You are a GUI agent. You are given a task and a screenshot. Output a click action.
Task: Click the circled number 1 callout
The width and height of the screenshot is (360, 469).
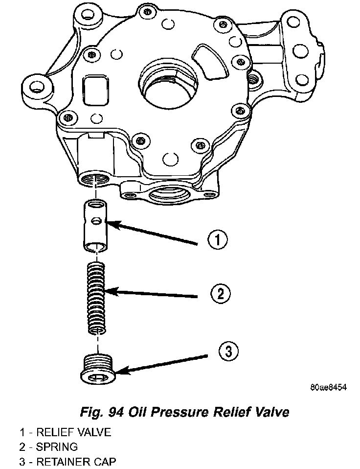(x=218, y=240)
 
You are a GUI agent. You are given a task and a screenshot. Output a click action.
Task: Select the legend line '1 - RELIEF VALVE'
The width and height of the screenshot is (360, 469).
(x=66, y=432)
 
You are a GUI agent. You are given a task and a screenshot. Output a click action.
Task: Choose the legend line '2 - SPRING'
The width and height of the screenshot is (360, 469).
(x=48, y=447)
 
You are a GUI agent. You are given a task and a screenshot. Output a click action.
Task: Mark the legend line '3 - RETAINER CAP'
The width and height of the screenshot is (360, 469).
(x=68, y=461)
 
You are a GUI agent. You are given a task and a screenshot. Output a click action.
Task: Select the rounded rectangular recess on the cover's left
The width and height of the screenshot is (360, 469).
(x=94, y=89)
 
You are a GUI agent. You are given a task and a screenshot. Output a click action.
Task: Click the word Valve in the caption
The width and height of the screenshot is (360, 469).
(x=268, y=412)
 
